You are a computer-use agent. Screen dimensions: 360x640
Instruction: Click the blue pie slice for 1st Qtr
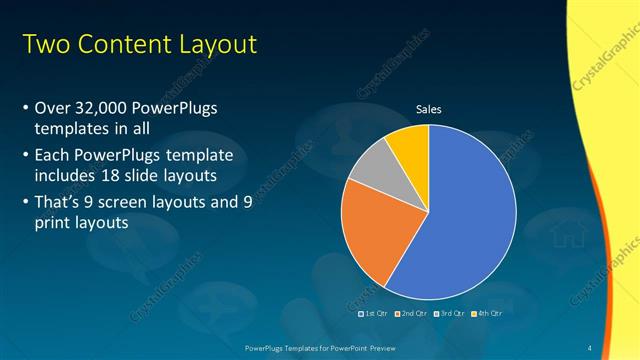(x=470, y=215)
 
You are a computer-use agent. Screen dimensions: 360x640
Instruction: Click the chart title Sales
(x=428, y=109)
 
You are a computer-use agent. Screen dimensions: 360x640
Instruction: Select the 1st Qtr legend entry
(x=373, y=313)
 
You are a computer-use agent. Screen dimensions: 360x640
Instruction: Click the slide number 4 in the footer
(x=589, y=347)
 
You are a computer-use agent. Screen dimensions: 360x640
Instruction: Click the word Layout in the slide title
(x=218, y=45)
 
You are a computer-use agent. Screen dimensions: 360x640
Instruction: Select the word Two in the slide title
(x=44, y=45)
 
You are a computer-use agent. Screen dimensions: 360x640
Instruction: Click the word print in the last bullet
(x=52, y=223)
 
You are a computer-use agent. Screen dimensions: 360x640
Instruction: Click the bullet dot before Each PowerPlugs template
(x=25, y=156)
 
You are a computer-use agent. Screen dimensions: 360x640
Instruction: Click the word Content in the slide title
(x=124, y=45)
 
